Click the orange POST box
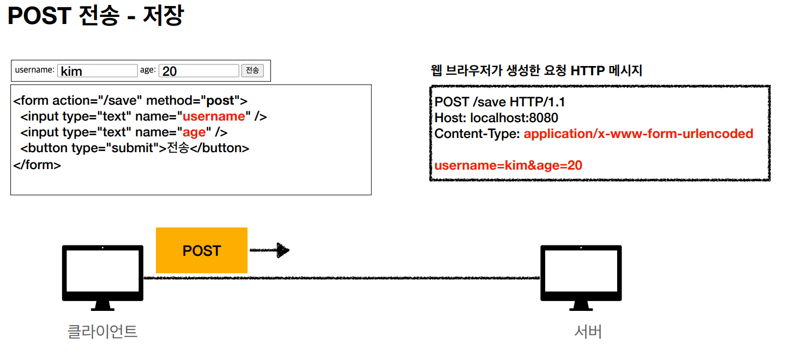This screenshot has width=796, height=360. [201, 250]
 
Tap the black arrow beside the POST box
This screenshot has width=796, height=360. [269, 250]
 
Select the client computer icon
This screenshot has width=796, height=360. [102, 277]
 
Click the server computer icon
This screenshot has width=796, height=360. [581, 277]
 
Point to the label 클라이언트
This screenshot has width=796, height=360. [102, 332]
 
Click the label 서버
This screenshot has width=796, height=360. [588, 332]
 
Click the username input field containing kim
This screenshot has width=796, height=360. [98, 71]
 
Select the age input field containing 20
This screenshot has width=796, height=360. [199, 71]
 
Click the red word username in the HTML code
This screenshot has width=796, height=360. [214, 116]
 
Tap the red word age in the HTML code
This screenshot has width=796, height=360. [194, 132]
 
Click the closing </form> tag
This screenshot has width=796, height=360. [37, 164]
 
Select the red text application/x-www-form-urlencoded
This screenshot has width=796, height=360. [638, 134]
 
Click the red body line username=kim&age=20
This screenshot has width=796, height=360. [508, 165]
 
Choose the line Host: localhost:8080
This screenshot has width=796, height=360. [496, 118]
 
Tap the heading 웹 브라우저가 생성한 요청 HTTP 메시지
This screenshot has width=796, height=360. [536, 70]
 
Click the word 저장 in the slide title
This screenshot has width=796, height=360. [162, 16]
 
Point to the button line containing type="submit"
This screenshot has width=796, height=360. [135, 148]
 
